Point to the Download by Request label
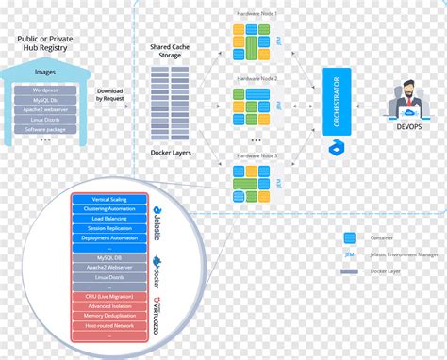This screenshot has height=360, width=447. point(112,95)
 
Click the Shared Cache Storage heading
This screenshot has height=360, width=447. point(171,51)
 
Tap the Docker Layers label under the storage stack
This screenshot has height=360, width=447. point(171,153)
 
